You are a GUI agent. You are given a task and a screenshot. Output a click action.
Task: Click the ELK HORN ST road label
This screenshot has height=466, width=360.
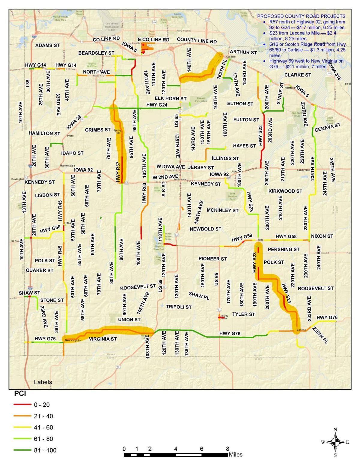(170, 98)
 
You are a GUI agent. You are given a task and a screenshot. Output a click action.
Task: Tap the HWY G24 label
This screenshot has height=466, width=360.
(157, 105)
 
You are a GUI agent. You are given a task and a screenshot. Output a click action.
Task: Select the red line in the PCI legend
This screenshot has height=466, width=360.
(22, 404)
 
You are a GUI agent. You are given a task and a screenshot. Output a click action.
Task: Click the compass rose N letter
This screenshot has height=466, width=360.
(335, 429)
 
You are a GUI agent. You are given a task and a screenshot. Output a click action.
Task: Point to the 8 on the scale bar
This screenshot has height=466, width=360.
(227, 449)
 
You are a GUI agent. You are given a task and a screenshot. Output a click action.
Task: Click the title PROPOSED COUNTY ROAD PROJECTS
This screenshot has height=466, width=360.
(301, 17)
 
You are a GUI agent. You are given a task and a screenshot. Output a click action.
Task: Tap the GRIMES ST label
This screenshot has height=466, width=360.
(97, 130)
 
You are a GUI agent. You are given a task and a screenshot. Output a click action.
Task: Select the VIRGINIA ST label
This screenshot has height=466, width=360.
(103, 339)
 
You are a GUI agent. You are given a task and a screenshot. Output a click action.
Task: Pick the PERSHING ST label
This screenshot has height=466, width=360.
(283, 249)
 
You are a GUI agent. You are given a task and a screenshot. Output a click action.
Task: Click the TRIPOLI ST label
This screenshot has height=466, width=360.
(178, 307)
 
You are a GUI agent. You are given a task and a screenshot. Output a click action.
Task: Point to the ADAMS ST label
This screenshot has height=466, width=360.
(47, 46)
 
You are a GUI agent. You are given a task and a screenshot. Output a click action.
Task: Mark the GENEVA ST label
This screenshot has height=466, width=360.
(327, 127)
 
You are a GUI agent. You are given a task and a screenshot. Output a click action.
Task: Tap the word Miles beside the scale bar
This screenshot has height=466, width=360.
(235, 455)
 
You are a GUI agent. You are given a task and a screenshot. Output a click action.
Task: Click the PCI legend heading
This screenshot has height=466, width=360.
(20, 393)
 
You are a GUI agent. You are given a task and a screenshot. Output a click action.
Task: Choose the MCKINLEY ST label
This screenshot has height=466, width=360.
(222, 210)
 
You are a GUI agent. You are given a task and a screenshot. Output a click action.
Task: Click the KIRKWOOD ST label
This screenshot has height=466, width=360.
(285, 191)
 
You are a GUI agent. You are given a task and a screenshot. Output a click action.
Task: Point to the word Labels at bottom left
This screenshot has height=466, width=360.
(43, 382)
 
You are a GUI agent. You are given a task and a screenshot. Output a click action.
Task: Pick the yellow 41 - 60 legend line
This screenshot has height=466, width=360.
(22, 427)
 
